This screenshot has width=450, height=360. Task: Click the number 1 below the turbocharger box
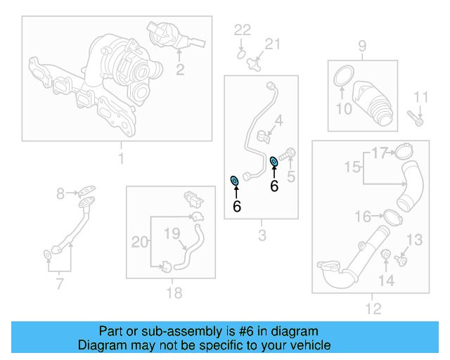pos(120,158)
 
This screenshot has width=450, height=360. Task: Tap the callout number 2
pos(180,69)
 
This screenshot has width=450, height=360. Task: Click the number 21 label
pos(271,45)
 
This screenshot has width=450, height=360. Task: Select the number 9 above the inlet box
pos(362,46)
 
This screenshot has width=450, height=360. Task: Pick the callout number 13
pos(415,240)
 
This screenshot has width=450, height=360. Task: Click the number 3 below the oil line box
pos(262,236)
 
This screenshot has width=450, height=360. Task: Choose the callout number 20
pos(140,243)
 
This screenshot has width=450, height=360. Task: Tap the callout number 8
pos(60,192)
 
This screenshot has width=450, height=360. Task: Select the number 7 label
pos(60,284)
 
